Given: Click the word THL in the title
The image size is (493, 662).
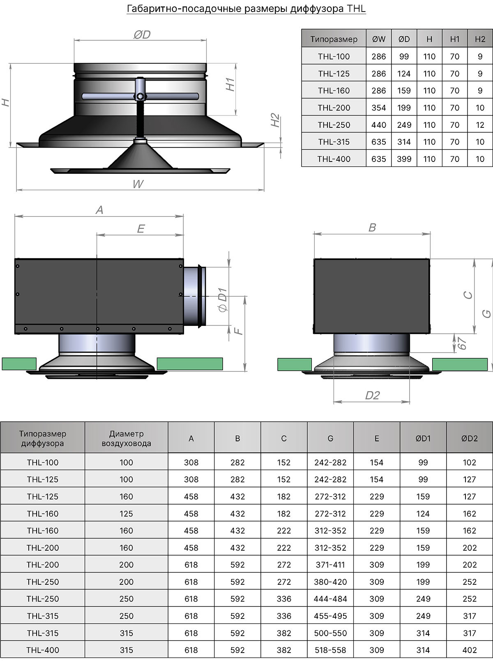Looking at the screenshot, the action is pos(356,9).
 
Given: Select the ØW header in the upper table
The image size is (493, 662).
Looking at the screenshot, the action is pos(378,39).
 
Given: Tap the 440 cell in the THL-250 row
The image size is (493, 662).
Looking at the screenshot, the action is pos(378,125).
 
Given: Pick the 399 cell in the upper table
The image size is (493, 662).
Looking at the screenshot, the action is pos(404,159).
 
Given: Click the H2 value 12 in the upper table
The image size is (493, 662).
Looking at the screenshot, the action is pos(480,125).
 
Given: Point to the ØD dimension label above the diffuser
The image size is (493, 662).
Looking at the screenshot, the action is pos(142,35).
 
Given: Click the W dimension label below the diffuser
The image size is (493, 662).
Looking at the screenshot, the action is pos(138,184).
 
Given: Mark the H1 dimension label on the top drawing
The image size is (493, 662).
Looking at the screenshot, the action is pos(230,84).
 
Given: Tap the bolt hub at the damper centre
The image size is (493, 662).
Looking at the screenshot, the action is pos(140,97).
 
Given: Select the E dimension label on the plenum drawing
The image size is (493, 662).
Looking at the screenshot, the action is pos(141,229).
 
